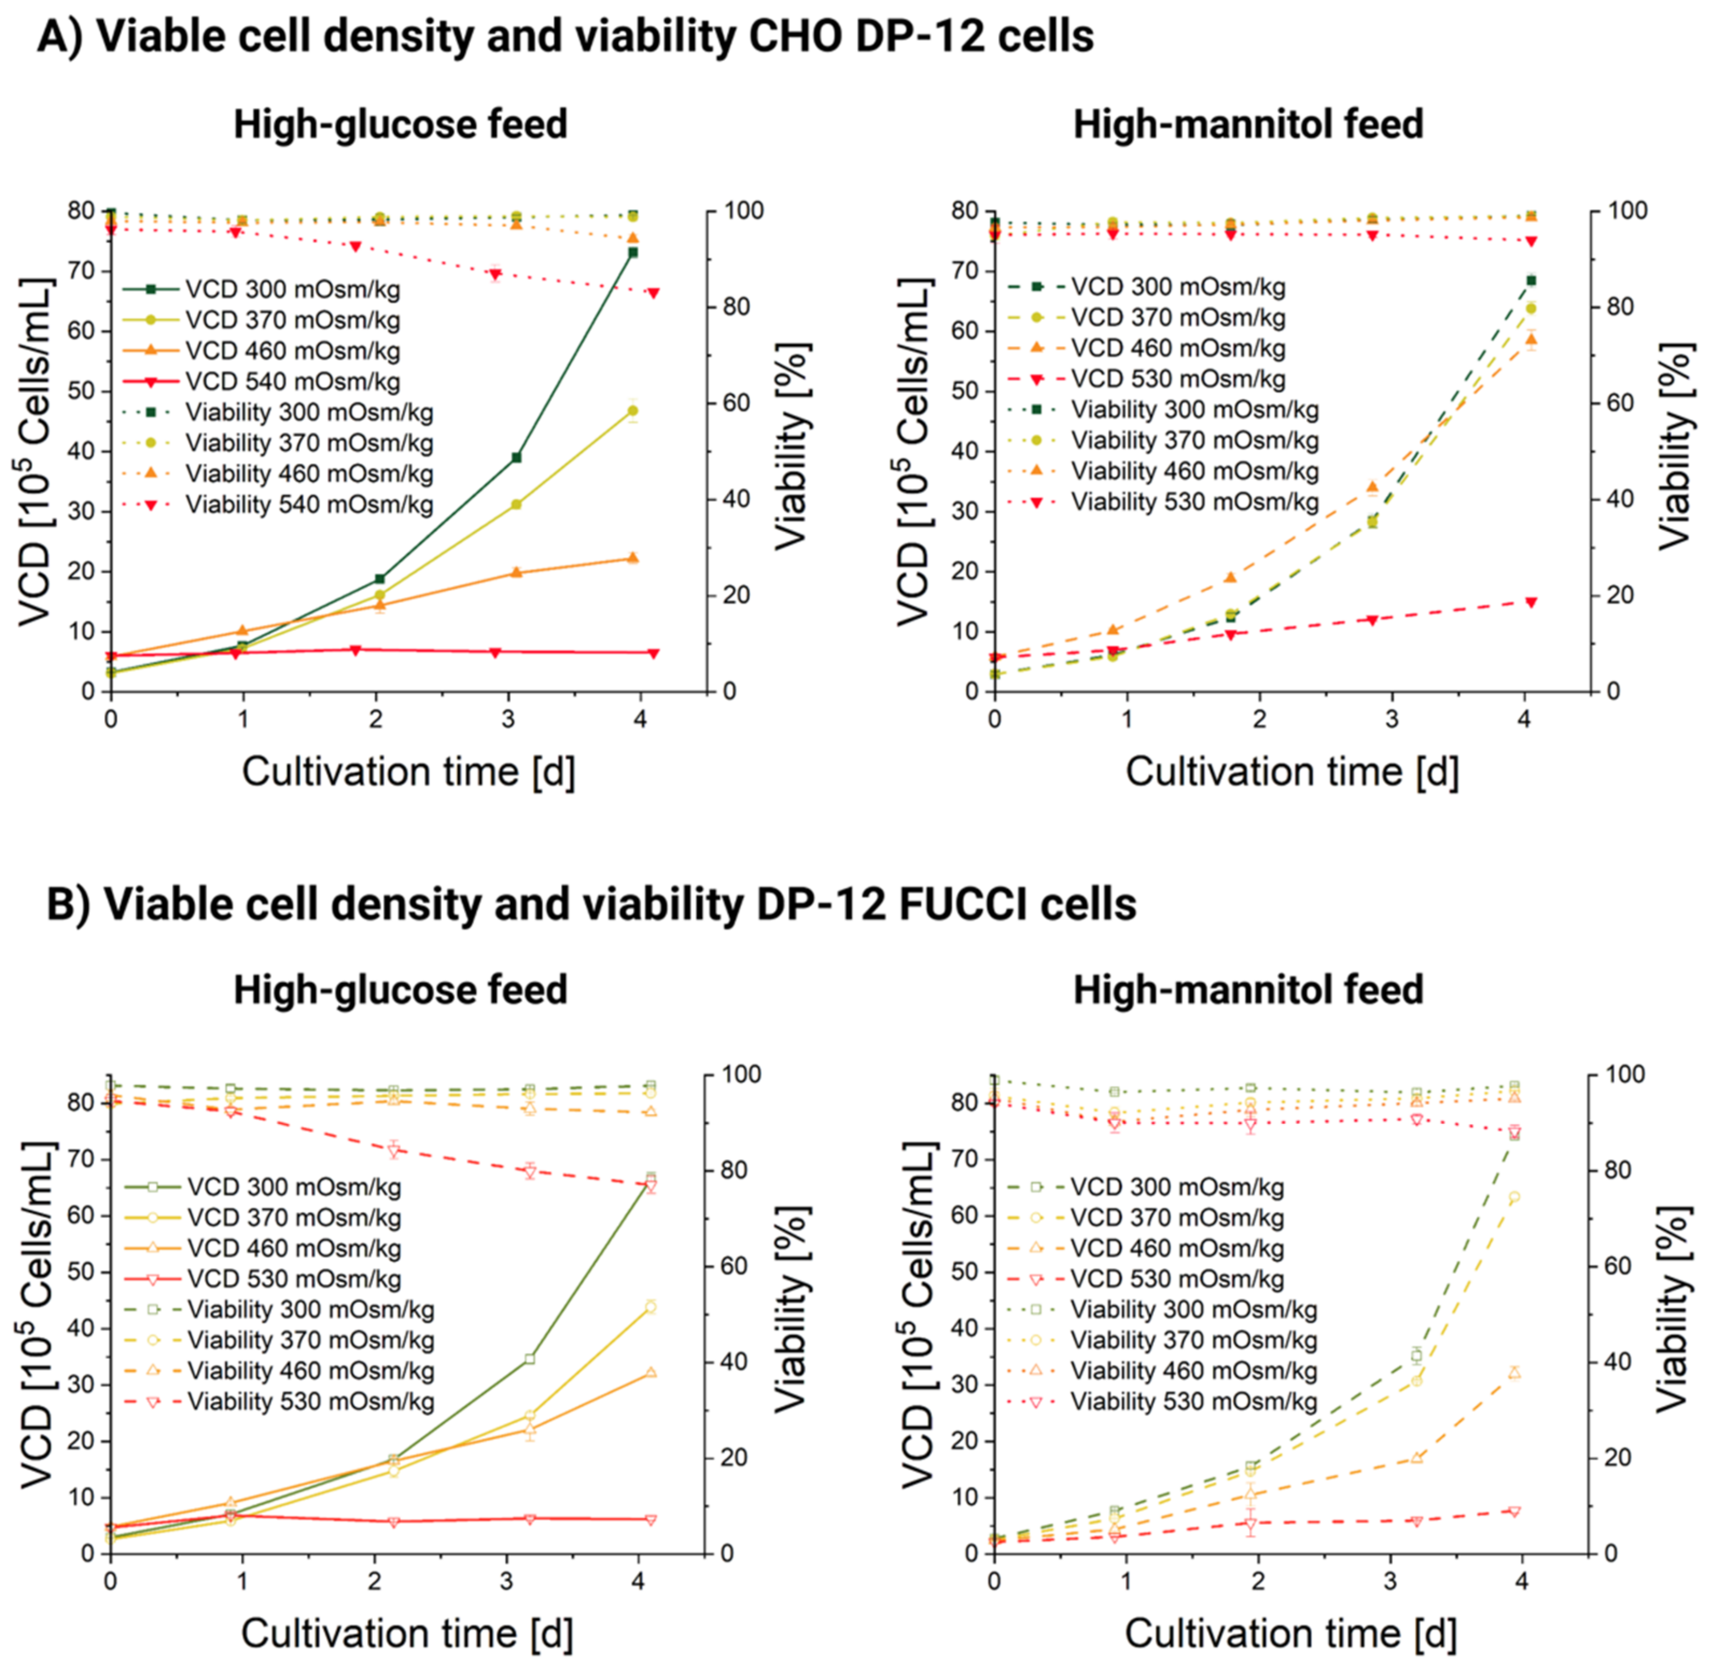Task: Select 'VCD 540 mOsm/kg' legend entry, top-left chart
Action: [x=292, y=381]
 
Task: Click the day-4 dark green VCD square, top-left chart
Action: [x=632, y=253]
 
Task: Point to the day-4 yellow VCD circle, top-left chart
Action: [x=632, y=410]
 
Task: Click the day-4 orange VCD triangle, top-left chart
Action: [x=632, y=558]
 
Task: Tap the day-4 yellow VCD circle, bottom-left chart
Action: [x=650, y=1307]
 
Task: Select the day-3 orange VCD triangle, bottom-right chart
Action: [x=1416, y=1458]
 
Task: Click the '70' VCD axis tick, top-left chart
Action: [x=81, y=271]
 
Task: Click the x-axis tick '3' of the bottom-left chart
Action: [x=506, y=1582]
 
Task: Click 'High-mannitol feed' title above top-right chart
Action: [x=1248, y=124]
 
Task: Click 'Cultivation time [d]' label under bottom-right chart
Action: [x=1290, y=1634]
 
